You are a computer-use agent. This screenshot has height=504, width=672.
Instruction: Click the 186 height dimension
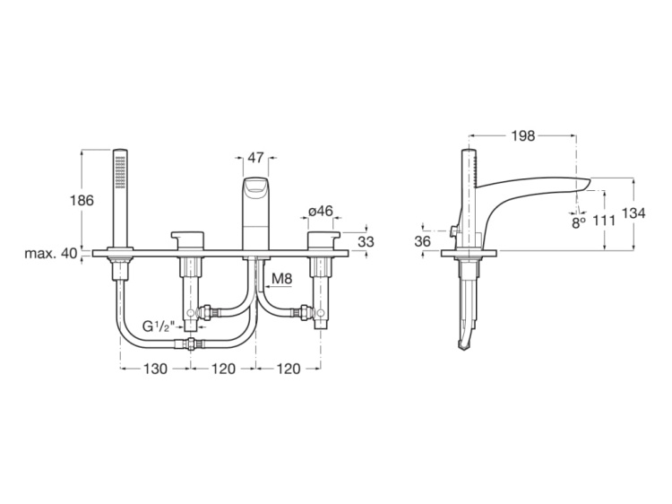coord(82,200)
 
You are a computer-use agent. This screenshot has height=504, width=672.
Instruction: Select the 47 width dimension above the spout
coord(255,159)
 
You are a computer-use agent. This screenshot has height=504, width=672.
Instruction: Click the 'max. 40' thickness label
coord(52,254)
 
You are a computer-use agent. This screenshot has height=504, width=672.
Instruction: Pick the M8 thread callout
coord(282,279)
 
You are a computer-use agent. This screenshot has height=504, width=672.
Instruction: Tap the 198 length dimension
coord(523,135)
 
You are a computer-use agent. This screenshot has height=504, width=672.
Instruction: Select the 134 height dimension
coord(633,213)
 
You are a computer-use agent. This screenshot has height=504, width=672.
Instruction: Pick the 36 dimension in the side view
coord(425,240)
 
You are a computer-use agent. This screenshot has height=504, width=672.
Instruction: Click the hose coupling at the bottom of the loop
coord(190,343)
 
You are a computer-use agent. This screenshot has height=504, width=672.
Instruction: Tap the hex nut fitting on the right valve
coord(309,313)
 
